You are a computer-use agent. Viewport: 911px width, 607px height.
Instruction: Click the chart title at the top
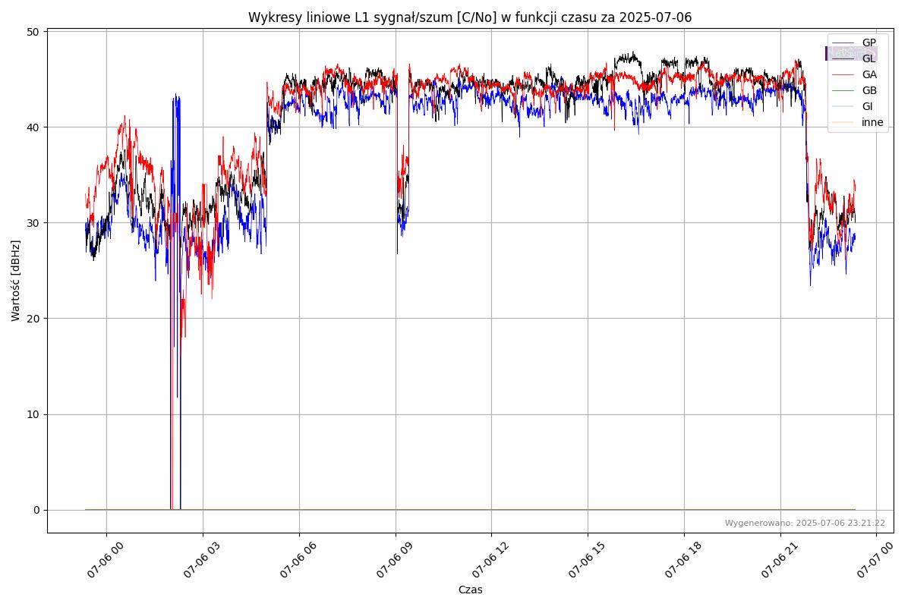[x=470, y=17]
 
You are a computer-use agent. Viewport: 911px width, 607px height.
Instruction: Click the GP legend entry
[x=868, y=42]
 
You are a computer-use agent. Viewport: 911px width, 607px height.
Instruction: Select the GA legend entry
[x=868, y=74]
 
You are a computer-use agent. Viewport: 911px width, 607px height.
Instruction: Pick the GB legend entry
[x=868, y=90]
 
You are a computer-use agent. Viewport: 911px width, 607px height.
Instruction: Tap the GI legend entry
[x=867, y=106]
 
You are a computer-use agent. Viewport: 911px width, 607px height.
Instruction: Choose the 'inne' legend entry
[x=872, y=122]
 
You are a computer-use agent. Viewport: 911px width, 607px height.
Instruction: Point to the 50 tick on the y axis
[x=33, y=31]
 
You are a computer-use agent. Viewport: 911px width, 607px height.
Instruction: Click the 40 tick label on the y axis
[x=33, y=127]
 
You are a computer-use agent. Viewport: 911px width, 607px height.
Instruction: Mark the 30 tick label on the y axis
[x=33, y=222]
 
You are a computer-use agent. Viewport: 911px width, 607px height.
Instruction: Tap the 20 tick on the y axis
[x=33, y=319]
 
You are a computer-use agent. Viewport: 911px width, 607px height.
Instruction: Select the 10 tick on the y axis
[x=33, y=414]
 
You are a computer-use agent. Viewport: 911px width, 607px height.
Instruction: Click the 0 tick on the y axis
[x=36, y=510]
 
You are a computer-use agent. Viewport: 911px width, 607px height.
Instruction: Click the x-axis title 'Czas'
[x=470, y=590]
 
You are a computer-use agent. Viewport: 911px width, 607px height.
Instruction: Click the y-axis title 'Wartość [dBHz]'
[x=16, y=281]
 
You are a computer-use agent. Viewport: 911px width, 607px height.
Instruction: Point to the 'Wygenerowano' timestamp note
[x=805, y=523]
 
